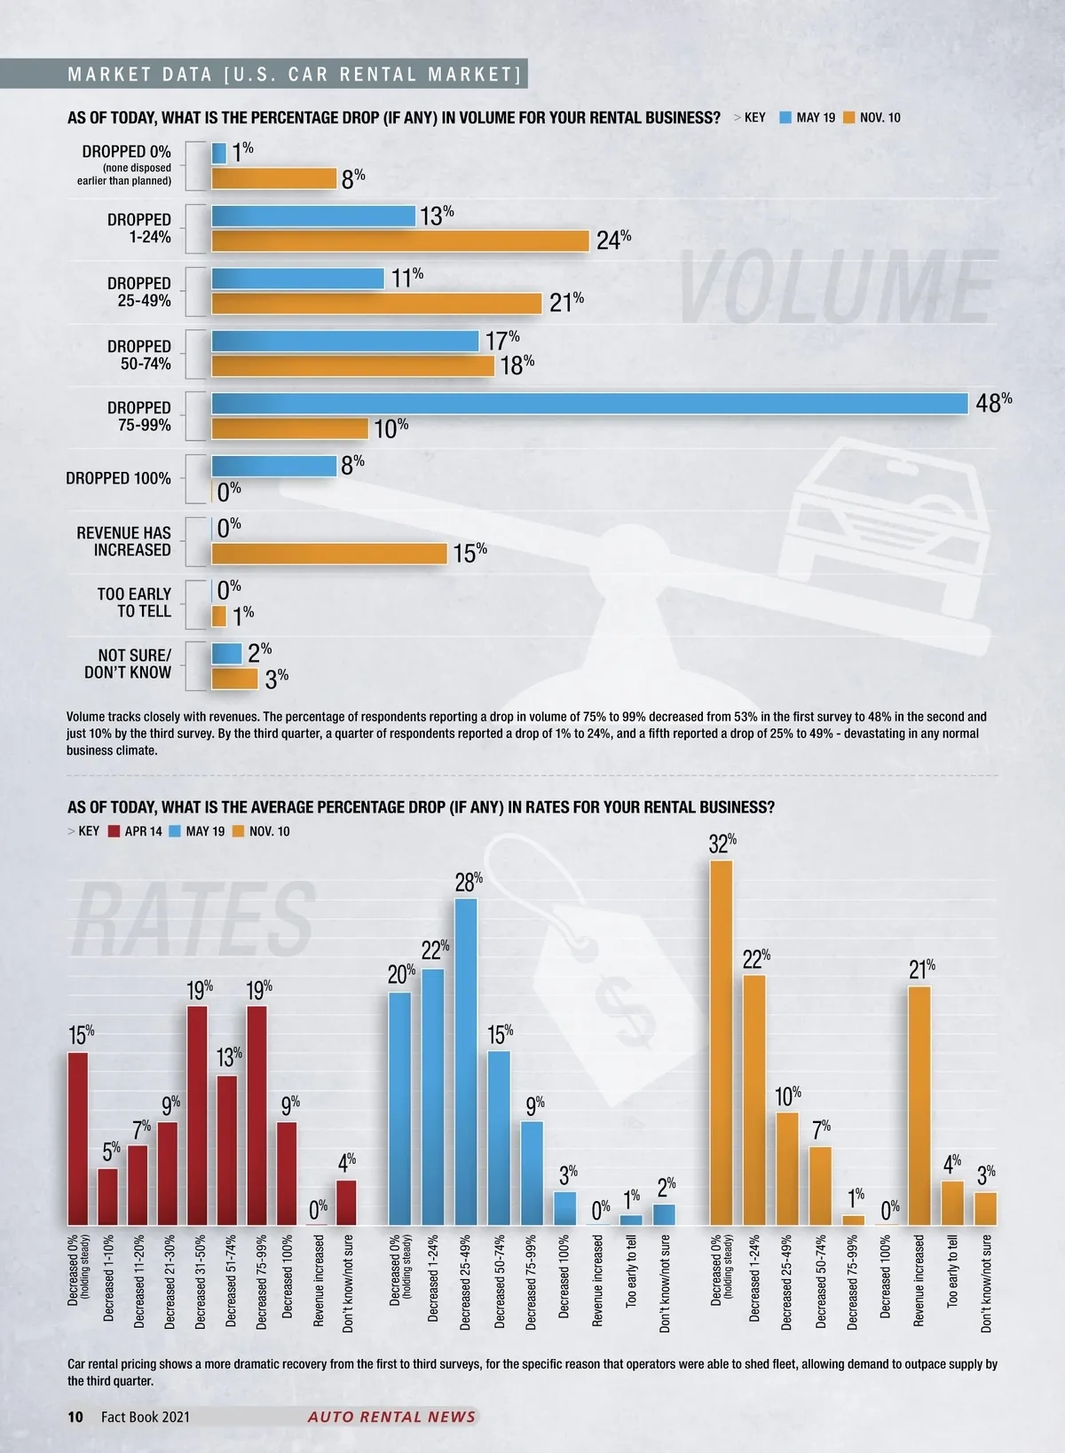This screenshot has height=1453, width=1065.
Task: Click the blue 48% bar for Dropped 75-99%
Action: (x=589, y=403)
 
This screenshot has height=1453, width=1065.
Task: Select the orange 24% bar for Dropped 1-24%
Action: (x=400, y=240)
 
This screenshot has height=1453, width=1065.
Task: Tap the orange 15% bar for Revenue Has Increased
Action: (x=329, y=554)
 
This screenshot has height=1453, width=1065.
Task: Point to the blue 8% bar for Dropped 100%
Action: (x=274, y=466)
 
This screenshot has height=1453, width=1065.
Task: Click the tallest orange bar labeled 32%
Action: (x=722, y=1042)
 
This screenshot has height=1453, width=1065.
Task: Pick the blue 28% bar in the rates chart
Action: (x=466, y=1062)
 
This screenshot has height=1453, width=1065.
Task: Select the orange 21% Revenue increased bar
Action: (x=919, y=1105)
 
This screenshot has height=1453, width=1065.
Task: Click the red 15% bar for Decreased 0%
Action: (x=78, y=1138)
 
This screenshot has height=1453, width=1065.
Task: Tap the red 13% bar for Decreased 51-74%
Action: (x=227, y=1150)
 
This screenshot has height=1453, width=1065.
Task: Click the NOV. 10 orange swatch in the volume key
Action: (x=848, y=117)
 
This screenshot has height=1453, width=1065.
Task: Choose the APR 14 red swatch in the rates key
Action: (x=114, y=831)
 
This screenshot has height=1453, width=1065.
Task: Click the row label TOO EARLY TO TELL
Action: (x=134, y=602)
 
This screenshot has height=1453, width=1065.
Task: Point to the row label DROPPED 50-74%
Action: (x=139, y=355)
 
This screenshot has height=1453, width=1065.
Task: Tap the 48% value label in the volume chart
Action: (x=993, y=403)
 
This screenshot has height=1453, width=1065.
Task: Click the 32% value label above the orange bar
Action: (x=722, y=844)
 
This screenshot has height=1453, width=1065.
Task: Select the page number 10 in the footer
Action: (x=75, y=1417)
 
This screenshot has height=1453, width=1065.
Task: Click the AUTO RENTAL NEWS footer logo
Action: (x=391, y=1417)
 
